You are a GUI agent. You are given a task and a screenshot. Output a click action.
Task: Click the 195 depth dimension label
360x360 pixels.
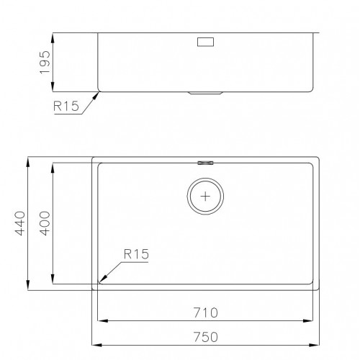45,63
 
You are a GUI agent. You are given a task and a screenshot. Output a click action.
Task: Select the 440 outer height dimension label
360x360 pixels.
20,223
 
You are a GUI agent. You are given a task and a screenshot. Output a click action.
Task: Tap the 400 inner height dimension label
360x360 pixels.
45,223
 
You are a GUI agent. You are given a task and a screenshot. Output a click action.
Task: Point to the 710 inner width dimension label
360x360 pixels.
206,312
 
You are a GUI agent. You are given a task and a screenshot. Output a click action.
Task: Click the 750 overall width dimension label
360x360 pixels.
206,337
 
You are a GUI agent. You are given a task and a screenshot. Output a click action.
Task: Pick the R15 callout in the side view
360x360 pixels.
66,106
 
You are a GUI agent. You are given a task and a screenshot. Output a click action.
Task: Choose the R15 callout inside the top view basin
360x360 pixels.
136,254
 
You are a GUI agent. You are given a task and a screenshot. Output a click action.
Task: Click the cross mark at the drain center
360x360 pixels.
205,197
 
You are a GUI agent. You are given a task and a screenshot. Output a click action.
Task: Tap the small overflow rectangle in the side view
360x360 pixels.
205,42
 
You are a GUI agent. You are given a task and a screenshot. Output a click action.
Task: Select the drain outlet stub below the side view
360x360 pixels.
205,93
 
